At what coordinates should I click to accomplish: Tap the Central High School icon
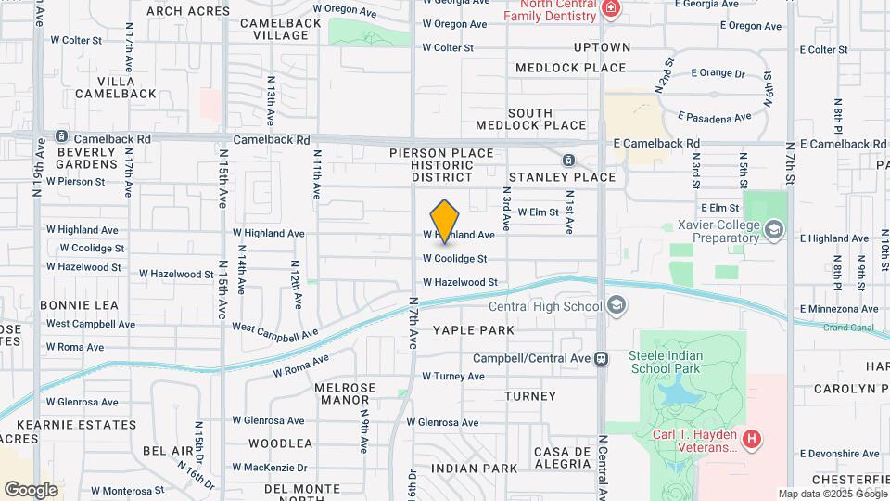[x=617, y=307]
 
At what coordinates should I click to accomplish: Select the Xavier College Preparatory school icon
[x=773, y=229]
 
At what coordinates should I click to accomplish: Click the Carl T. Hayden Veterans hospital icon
[x=752, y=436]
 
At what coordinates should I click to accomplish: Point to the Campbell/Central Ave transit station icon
[x=602, y=358]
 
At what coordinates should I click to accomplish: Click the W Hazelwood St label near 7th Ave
[x=460, y=282]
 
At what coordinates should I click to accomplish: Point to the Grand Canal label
[x=848, y=328]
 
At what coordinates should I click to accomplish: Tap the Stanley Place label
[x=562, y=177]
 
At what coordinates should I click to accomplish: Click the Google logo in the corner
[x=31, y=490]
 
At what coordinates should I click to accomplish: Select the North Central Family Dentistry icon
[x=610, y=10]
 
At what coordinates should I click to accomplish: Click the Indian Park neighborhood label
[x=474, y=469]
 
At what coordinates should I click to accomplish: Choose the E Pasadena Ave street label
[x=715, y=118]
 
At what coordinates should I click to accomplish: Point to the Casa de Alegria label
[x=562, y=458]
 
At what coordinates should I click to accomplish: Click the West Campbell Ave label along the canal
[x=274, y=329]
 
